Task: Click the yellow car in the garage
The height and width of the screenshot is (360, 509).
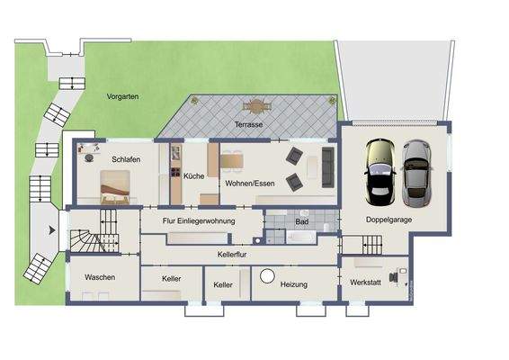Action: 378,171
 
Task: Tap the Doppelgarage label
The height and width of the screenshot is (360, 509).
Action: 388,220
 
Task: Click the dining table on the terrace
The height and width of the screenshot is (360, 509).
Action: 258,105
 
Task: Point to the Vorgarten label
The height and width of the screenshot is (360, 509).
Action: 121,95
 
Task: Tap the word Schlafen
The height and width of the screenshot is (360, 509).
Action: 127,159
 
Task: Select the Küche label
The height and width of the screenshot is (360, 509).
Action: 192,176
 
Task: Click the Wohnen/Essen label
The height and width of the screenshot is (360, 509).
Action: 250,184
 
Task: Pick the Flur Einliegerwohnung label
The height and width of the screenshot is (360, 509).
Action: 199,220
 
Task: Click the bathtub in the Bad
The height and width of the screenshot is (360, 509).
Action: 300,238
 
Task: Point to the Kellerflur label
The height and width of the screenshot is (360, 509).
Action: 233,255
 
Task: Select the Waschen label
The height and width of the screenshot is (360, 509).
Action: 100,277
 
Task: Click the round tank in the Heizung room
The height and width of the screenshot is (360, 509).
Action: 267,275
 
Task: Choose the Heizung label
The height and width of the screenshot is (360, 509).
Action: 294,284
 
